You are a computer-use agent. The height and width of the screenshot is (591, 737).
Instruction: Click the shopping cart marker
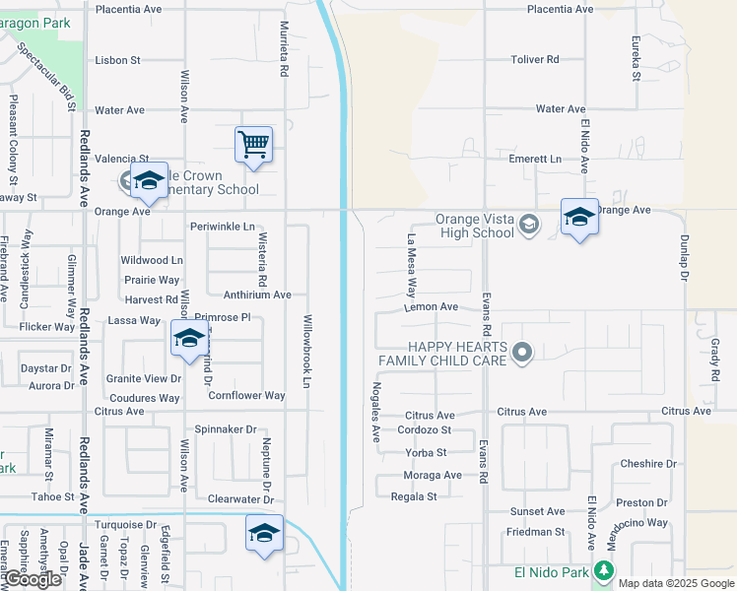point(253,145)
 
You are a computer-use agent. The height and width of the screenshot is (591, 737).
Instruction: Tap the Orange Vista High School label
point(476,227)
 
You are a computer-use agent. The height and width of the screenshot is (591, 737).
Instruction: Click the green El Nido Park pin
point(604,571)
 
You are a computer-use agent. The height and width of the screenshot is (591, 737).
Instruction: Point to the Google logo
point(32,580)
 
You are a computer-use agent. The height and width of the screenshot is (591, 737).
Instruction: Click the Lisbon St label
point(118,60)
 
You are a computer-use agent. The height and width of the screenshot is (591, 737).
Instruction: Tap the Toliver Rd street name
point(535,60)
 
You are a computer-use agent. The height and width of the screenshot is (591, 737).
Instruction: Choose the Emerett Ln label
point(535,159)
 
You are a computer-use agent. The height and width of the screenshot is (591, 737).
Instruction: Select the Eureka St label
point(636,60)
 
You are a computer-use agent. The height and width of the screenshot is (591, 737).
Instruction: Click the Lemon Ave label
point(432,307)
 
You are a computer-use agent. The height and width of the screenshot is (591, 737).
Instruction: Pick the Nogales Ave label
point(375,411)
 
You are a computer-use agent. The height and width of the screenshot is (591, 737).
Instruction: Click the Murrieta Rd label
point(285,50)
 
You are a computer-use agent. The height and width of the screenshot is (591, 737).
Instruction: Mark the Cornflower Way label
point(246,396)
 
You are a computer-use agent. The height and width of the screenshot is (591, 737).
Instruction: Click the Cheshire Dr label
point(648,464)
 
